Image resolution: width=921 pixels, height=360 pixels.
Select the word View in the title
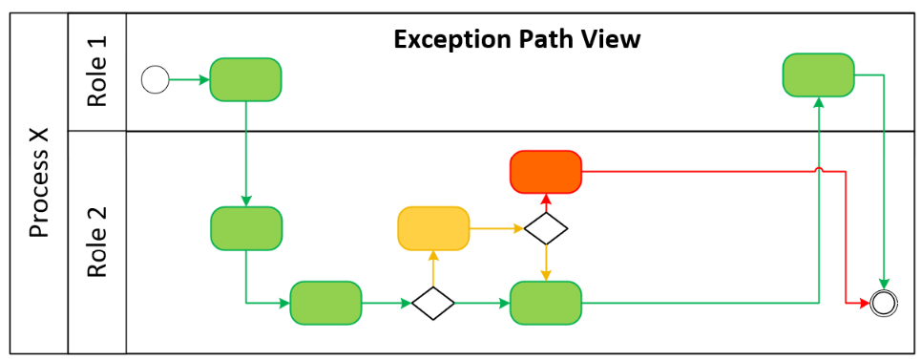[611, 40]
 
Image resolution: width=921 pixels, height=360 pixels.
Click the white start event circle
[155, 80]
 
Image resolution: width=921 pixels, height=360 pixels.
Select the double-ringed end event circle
[885, 303]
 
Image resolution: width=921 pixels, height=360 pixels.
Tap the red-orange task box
[546, 172]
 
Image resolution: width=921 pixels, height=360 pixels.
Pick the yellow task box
[433, 228]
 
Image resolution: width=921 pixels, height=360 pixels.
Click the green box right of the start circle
[245, 79]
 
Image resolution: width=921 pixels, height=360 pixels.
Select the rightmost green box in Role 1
[818, 74]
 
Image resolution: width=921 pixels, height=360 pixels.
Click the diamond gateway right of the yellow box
[546, 229]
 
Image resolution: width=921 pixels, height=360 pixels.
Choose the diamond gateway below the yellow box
[432, 303]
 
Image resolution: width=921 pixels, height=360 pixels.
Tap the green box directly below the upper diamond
[546, 303]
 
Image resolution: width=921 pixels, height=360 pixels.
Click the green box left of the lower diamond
[325, 303]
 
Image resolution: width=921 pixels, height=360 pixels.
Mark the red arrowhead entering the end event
[865, 303]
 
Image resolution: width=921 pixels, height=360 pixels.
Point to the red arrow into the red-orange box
[546, 201]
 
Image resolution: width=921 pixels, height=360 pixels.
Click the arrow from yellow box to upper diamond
[497, 229]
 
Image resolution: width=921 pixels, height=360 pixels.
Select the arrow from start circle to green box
[190, 80]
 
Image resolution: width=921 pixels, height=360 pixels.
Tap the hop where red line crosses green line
[818, 172]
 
